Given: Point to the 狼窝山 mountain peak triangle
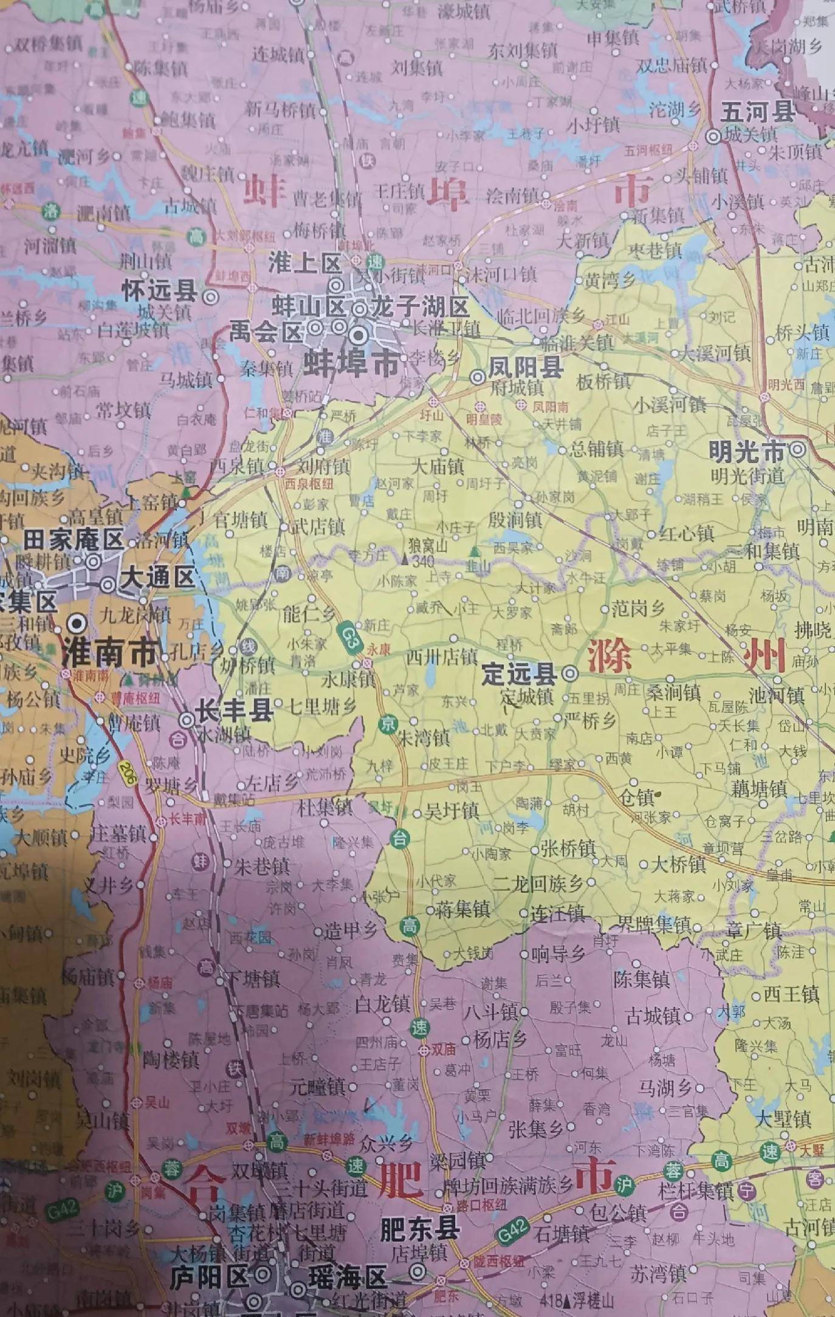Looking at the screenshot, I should click(x=405, y=558).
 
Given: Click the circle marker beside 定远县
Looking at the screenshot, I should click(x=569, y=673).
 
